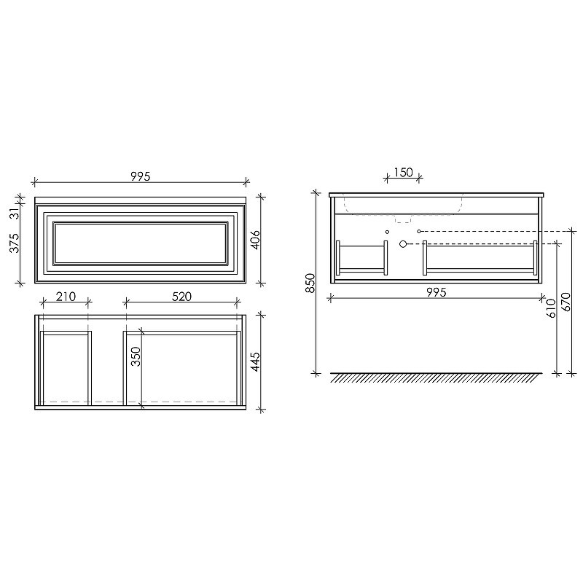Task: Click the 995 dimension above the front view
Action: [141, 176]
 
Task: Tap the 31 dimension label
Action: [14, 214]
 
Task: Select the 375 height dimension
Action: [14, 243]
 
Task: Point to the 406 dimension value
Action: [256, 240]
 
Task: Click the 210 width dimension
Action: [66, 297]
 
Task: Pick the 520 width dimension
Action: [181, 297]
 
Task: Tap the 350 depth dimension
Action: [136, 356]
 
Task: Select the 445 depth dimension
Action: [256, 361]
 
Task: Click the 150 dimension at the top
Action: [403, 172]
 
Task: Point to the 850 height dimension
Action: [310, 283]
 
